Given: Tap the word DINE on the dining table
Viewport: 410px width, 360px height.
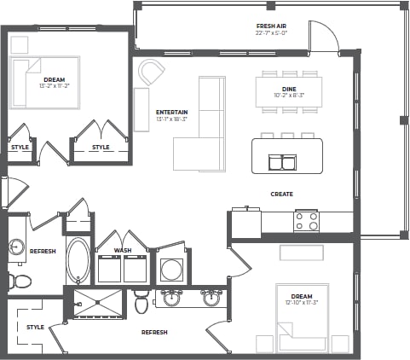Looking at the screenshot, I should point(289,89).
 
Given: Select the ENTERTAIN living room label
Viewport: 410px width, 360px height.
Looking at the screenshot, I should point(172,112).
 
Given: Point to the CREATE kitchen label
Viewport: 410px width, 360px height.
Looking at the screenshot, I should point(281,195).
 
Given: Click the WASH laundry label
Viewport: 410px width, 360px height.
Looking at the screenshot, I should point(123,250).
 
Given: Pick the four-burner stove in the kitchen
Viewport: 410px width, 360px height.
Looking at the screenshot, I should point(306,221).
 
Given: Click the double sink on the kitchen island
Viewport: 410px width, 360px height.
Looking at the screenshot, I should point(282,162).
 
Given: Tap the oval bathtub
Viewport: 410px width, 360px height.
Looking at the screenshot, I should point(78,260).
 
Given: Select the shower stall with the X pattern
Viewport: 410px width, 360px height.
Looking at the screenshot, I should point(98,302).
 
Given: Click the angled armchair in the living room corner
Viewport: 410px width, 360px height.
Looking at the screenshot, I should point(152,73).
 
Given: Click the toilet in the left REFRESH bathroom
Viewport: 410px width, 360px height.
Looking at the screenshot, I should point(20,281).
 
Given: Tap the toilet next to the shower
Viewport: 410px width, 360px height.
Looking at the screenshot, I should point(141,301).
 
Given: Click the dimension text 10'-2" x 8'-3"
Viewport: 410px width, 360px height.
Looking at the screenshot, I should point(289,96).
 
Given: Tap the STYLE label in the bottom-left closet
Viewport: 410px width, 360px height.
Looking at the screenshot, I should point(35,327).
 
